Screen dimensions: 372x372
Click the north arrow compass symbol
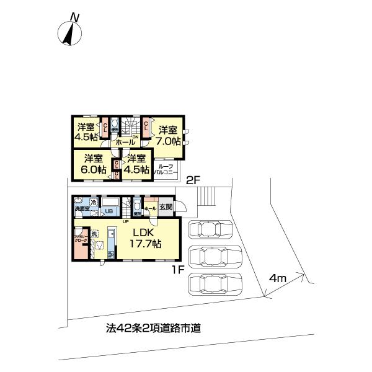69,31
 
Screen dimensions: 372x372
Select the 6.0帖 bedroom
94,164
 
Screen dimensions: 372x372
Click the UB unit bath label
108,210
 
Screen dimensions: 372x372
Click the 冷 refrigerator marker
93,202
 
